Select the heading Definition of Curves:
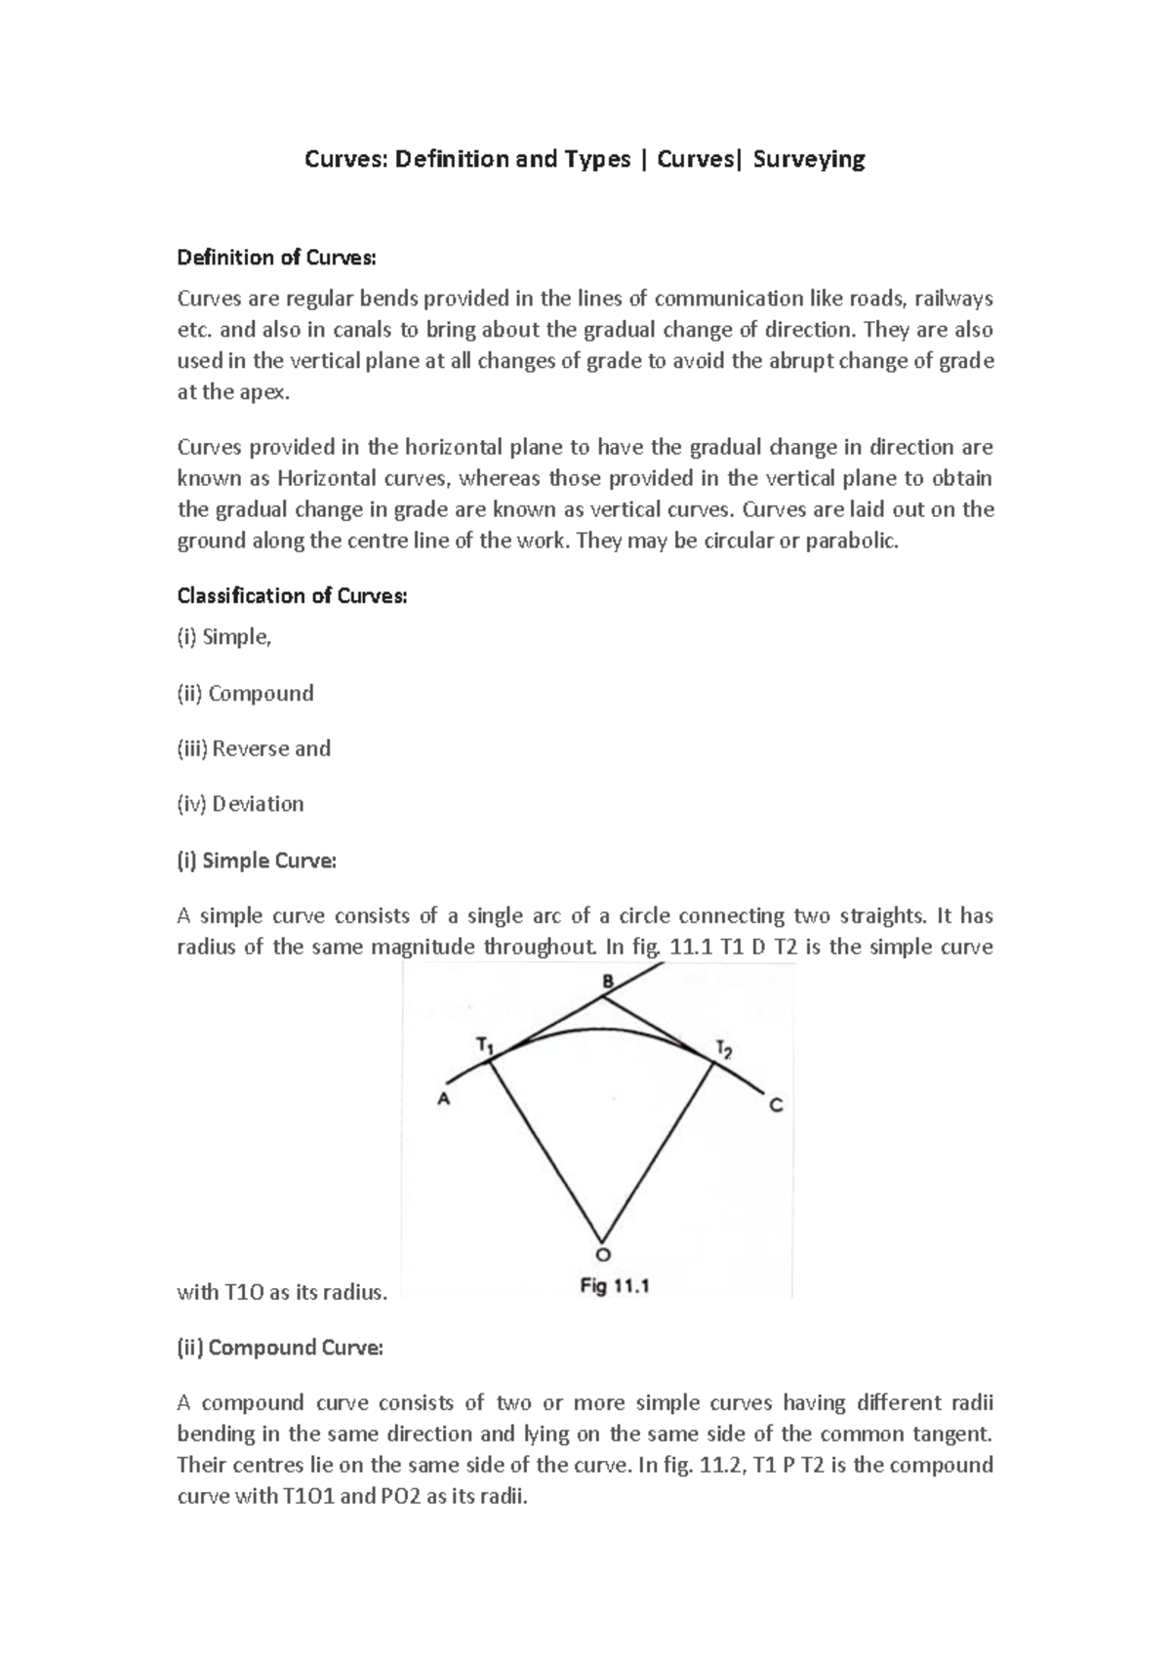click(x=275, y=258)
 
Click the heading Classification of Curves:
click(x=292, y=595)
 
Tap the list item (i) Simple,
click(x=224, y=637)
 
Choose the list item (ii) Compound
click(x=245, y=694)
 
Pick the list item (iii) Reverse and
click(x=254, y=748)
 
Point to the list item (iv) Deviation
click(x=240, y=804)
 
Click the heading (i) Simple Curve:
click(x=256, y=861)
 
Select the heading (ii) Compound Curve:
click(x=280, y=1348)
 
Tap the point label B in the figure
click(x=607, y=981)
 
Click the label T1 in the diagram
click(x=485, y=1045)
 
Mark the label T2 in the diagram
click(x=724, y=1050)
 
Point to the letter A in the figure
click(x=443, y=1099)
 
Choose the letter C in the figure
click(x=776, y=1106)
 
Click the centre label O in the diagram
click(x=602, y=1254)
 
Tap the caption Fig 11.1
click(x=615, y=1286)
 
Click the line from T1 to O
click(x=545, y=1151)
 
